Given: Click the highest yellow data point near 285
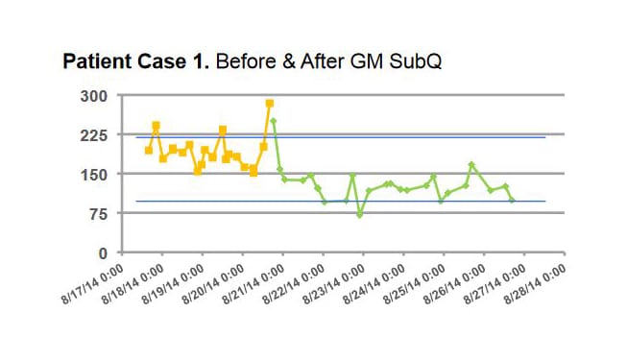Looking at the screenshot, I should coord(270,104).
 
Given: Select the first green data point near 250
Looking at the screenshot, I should coord(274,121).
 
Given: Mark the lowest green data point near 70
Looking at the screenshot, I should coord(360,215).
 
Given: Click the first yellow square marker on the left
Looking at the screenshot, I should coord(149,150).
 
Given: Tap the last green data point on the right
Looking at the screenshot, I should coord(512,200).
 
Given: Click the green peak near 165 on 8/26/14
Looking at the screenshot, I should coord(471,165).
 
